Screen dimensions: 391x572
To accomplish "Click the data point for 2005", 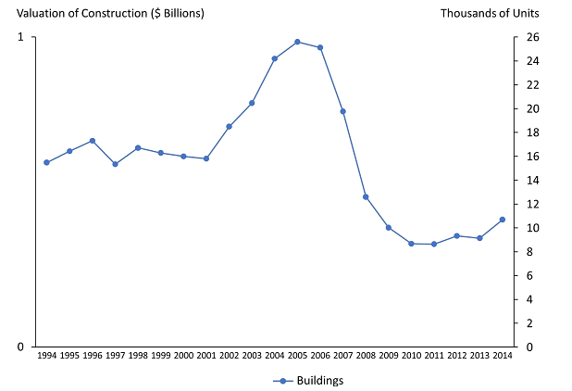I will pos(297,42).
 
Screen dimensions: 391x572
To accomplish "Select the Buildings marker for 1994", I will pos(46,162).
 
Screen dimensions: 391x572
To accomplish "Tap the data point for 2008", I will pos(366,196).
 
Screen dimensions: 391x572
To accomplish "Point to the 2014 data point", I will pos(503,220).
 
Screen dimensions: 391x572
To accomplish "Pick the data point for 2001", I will pos(205,158).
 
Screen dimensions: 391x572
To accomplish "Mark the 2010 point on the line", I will pos(411,244).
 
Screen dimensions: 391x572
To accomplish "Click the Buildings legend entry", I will pos(309,380).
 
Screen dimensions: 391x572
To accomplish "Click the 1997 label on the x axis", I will pos(115,356).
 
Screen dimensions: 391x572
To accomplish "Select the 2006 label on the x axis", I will pos(320,356).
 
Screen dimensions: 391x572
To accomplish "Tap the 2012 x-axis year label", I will pos(457,356).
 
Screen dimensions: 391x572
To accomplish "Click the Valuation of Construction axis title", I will pos(103,13).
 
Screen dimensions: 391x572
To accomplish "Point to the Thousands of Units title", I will pos(490,13).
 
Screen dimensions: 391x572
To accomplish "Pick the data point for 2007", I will pos(342,111).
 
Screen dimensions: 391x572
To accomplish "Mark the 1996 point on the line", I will pos(92,141).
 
